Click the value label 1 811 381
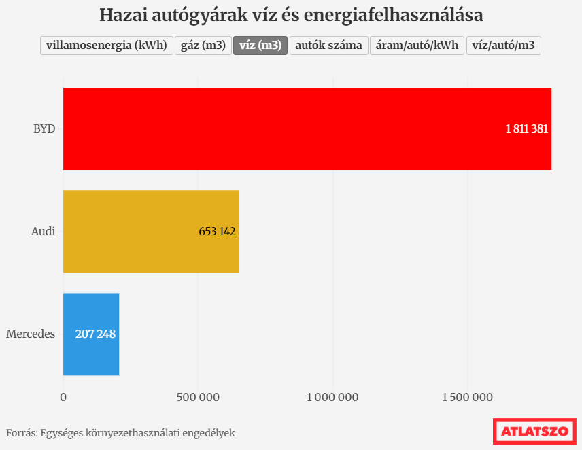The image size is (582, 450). point(526,128)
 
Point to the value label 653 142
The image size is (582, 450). point(217,231)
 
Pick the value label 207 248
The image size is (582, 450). point(95,334)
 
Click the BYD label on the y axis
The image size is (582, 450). point(44,128)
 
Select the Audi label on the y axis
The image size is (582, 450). point(43,231)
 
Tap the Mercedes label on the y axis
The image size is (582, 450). point(31,334)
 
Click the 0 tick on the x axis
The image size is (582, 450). point(63,398)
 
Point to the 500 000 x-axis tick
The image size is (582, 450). point(198,398)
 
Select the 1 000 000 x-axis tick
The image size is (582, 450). point(333,398)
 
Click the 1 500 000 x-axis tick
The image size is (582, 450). point(468,398)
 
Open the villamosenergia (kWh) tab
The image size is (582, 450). point(106,46)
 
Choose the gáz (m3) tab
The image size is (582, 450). point(203,46)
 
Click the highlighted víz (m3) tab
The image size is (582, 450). point(260,46)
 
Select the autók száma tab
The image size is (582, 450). point(329,46)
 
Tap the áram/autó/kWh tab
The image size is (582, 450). point(417,46)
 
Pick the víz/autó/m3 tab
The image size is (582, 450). point(503,46)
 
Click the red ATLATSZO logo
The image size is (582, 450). point(534,431)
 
